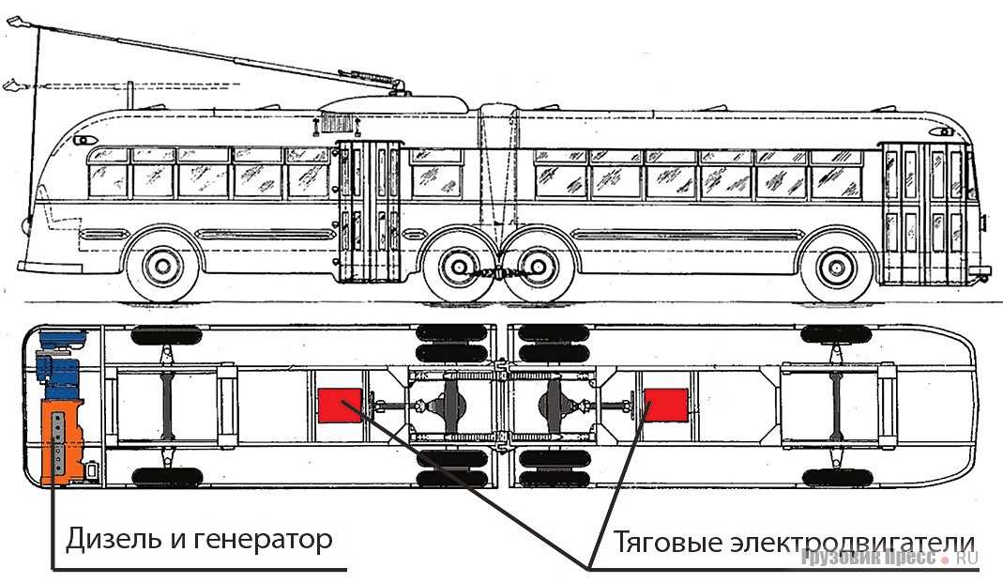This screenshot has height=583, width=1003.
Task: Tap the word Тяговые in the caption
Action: (668, 543)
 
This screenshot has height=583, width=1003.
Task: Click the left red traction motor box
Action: (340, 406)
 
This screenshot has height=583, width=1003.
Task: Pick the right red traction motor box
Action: (666, 406)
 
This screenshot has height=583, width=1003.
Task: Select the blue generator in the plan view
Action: (61, 363)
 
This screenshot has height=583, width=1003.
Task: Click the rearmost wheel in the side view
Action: (836, 267)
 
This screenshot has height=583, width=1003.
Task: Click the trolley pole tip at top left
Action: (17, 23)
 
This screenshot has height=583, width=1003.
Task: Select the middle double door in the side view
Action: (369, 212)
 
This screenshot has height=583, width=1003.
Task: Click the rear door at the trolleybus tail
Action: (925, 213)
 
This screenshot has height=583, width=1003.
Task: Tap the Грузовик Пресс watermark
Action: (889, 558)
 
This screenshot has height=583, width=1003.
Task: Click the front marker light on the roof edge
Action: (84, 140)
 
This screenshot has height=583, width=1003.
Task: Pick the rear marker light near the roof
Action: (942, 131)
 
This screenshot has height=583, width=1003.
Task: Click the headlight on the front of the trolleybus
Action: (26, 225)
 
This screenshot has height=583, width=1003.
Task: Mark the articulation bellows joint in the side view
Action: (497, 173)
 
